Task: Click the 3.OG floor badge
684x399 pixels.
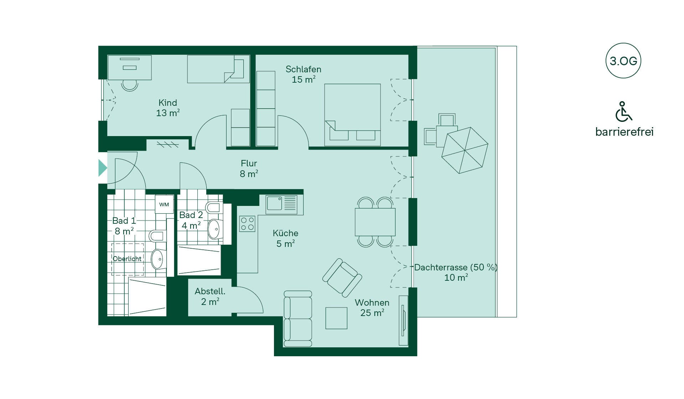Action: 623,61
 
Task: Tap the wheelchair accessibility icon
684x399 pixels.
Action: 623,112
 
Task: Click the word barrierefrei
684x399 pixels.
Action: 624,132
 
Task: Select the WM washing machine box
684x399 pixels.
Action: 164,204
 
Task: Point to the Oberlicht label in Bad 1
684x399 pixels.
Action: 127,259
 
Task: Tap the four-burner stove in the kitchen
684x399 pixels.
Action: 247,224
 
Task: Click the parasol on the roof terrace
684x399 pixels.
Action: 465,150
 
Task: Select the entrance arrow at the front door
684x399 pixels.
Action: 103,168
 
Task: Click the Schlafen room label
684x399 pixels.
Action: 304,69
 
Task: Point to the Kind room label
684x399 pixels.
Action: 167,103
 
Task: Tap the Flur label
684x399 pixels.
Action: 249,163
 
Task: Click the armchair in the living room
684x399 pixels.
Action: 342,278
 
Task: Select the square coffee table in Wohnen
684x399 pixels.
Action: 336,318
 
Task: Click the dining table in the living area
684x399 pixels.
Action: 375,222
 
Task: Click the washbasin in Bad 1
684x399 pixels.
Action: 157,259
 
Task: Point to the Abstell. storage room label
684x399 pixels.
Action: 210,291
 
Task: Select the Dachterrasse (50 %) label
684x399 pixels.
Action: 456,267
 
